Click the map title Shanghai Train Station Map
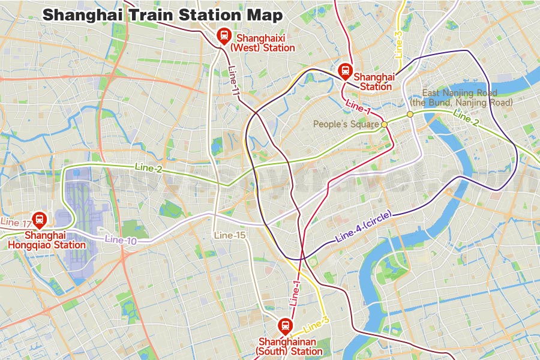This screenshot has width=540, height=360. [163, 15]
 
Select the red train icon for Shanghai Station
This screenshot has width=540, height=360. [346, 71]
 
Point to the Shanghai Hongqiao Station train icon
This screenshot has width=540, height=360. [40, 220]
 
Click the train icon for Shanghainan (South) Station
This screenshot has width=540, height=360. [285, 326]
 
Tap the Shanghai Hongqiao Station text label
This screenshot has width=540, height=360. [47, 240]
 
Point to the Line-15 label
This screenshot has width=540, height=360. [231, 235]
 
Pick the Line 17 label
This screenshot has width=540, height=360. [16, 222]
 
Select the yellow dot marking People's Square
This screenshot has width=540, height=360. [384, 124]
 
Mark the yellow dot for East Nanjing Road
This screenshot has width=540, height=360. [410, 114]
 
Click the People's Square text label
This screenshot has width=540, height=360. [347, 124]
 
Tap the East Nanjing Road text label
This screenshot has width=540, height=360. [467, 98]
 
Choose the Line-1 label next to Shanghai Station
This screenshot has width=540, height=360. [358, 108]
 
